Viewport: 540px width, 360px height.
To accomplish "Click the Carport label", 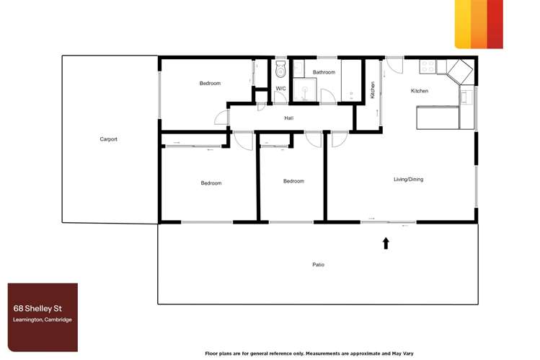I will tap(108, 139).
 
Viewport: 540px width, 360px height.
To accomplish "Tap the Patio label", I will tap(318, 265).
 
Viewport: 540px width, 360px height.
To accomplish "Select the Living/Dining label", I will tap(408, 180).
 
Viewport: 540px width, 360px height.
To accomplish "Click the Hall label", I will tap(288, 118).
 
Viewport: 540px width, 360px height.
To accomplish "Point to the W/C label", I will tap(280, 89).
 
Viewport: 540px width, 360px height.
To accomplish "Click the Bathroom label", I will tap(324, 72).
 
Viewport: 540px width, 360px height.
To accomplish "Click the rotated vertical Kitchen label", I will tap(373, 89).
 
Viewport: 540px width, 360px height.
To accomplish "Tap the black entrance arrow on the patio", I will tap(386, 244).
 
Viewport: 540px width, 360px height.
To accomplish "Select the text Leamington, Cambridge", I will tap(43, 320).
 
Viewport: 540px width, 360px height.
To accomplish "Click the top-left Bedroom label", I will tap(210, 84).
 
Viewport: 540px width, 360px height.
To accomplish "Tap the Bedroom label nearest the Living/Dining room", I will tap(293, 181).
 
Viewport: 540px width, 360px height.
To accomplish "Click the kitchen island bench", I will tap(437, 117).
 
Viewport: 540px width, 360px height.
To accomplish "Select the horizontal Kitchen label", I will tap(420, 91).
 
